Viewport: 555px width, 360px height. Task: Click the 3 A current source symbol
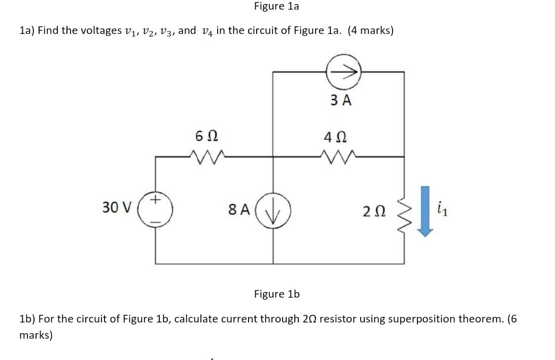tap(343, 73)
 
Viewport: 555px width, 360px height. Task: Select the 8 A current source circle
tap(273, 209)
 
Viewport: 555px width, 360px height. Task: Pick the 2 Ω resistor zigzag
tap(404, 209)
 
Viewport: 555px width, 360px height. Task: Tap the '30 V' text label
tap(117, 207)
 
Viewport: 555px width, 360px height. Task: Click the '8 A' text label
tap(239, 209)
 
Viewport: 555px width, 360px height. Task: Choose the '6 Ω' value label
tap(207, 136)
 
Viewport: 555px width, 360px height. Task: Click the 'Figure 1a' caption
tap(276, 7)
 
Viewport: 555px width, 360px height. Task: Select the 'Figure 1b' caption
tap(276, 294)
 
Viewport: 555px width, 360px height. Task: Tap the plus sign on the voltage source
tap(155, 200)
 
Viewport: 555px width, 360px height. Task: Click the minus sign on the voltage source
tap(155, 219)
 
